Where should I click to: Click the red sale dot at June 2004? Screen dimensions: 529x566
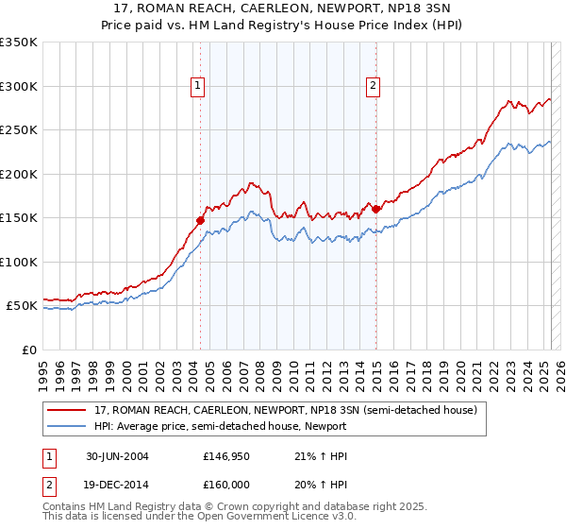point(201,220)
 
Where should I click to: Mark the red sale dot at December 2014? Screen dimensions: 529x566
point(375,209)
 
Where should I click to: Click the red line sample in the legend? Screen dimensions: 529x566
point(67,410)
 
